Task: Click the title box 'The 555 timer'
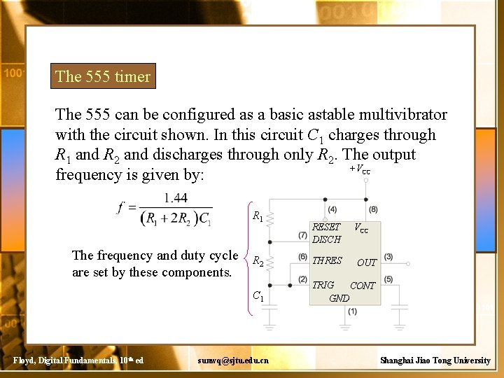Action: (x=103, y=76)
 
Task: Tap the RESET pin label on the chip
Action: (x=325, y=227)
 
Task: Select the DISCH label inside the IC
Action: (x=326, y=239)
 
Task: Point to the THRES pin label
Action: (x=327, y=260)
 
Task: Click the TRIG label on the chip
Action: (x=323, y=285)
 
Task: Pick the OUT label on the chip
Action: (x=367, y=262)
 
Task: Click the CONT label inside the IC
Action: (x=363, y=286)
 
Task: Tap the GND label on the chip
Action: (x=339, y=297)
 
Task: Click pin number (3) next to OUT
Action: (x=388, y=258)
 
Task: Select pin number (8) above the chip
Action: (x=372, y=209)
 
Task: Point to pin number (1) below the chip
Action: (x=352, y=311)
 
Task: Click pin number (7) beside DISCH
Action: (x=302, y=235)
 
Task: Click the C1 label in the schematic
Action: (x=258, y=297)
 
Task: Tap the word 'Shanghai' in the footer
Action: (x=398, y=360)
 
